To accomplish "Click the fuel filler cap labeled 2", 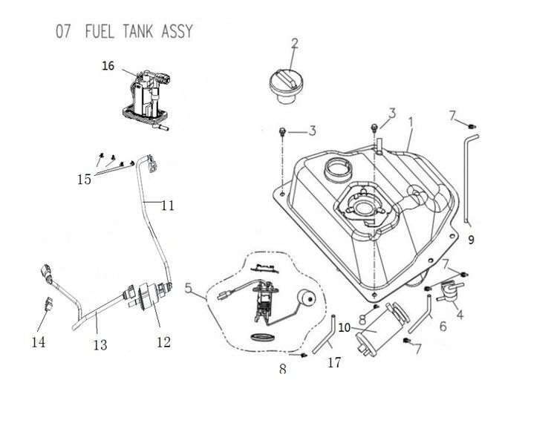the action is click(x=285, y=86).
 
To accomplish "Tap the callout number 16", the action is click(x=108, y=66).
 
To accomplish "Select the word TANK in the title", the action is click(x=138, y=31).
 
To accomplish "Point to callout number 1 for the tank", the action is click(x=411, y=122).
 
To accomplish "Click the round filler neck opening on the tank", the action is click(x=339, y=169).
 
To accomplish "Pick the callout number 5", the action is click(x=189, y=288).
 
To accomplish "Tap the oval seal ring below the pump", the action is click(x=262, y=337).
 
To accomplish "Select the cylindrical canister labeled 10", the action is click(x=382, y=329).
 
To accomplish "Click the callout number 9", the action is click(x=471, y=240).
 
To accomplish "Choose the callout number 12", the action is click(x=164, y=342).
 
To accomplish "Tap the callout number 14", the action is click(x=39, y=342).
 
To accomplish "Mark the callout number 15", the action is click(x=85, y=180).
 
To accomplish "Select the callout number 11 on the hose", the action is click(x=168, y=206).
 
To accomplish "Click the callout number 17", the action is click(x=334, y=363).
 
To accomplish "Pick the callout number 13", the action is click(x=100, y=345).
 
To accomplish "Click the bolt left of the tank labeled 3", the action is click(x=281, y=131).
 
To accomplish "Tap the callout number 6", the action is click(x=443, y=327).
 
